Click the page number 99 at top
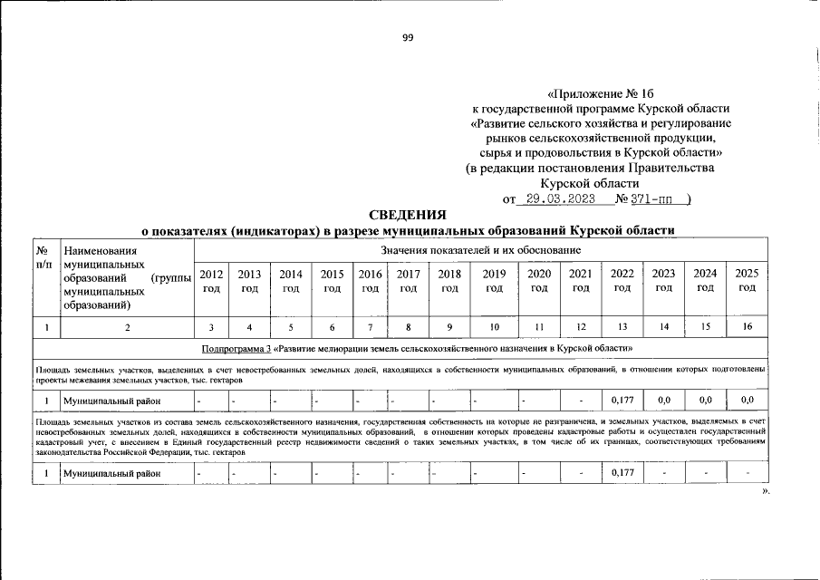[408, 37]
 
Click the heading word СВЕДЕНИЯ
[408, 216]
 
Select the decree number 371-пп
[651, 198]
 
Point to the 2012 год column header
[210, 281]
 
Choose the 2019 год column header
[494, 281]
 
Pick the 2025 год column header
[747, 281]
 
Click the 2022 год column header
[622, 281]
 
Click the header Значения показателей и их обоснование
[480, 249]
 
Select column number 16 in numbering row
[747, 326]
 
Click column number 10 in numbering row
[494, 326]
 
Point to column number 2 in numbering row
[126, 326]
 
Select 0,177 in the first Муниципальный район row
[622, 399]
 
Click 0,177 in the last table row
[622, 473]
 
